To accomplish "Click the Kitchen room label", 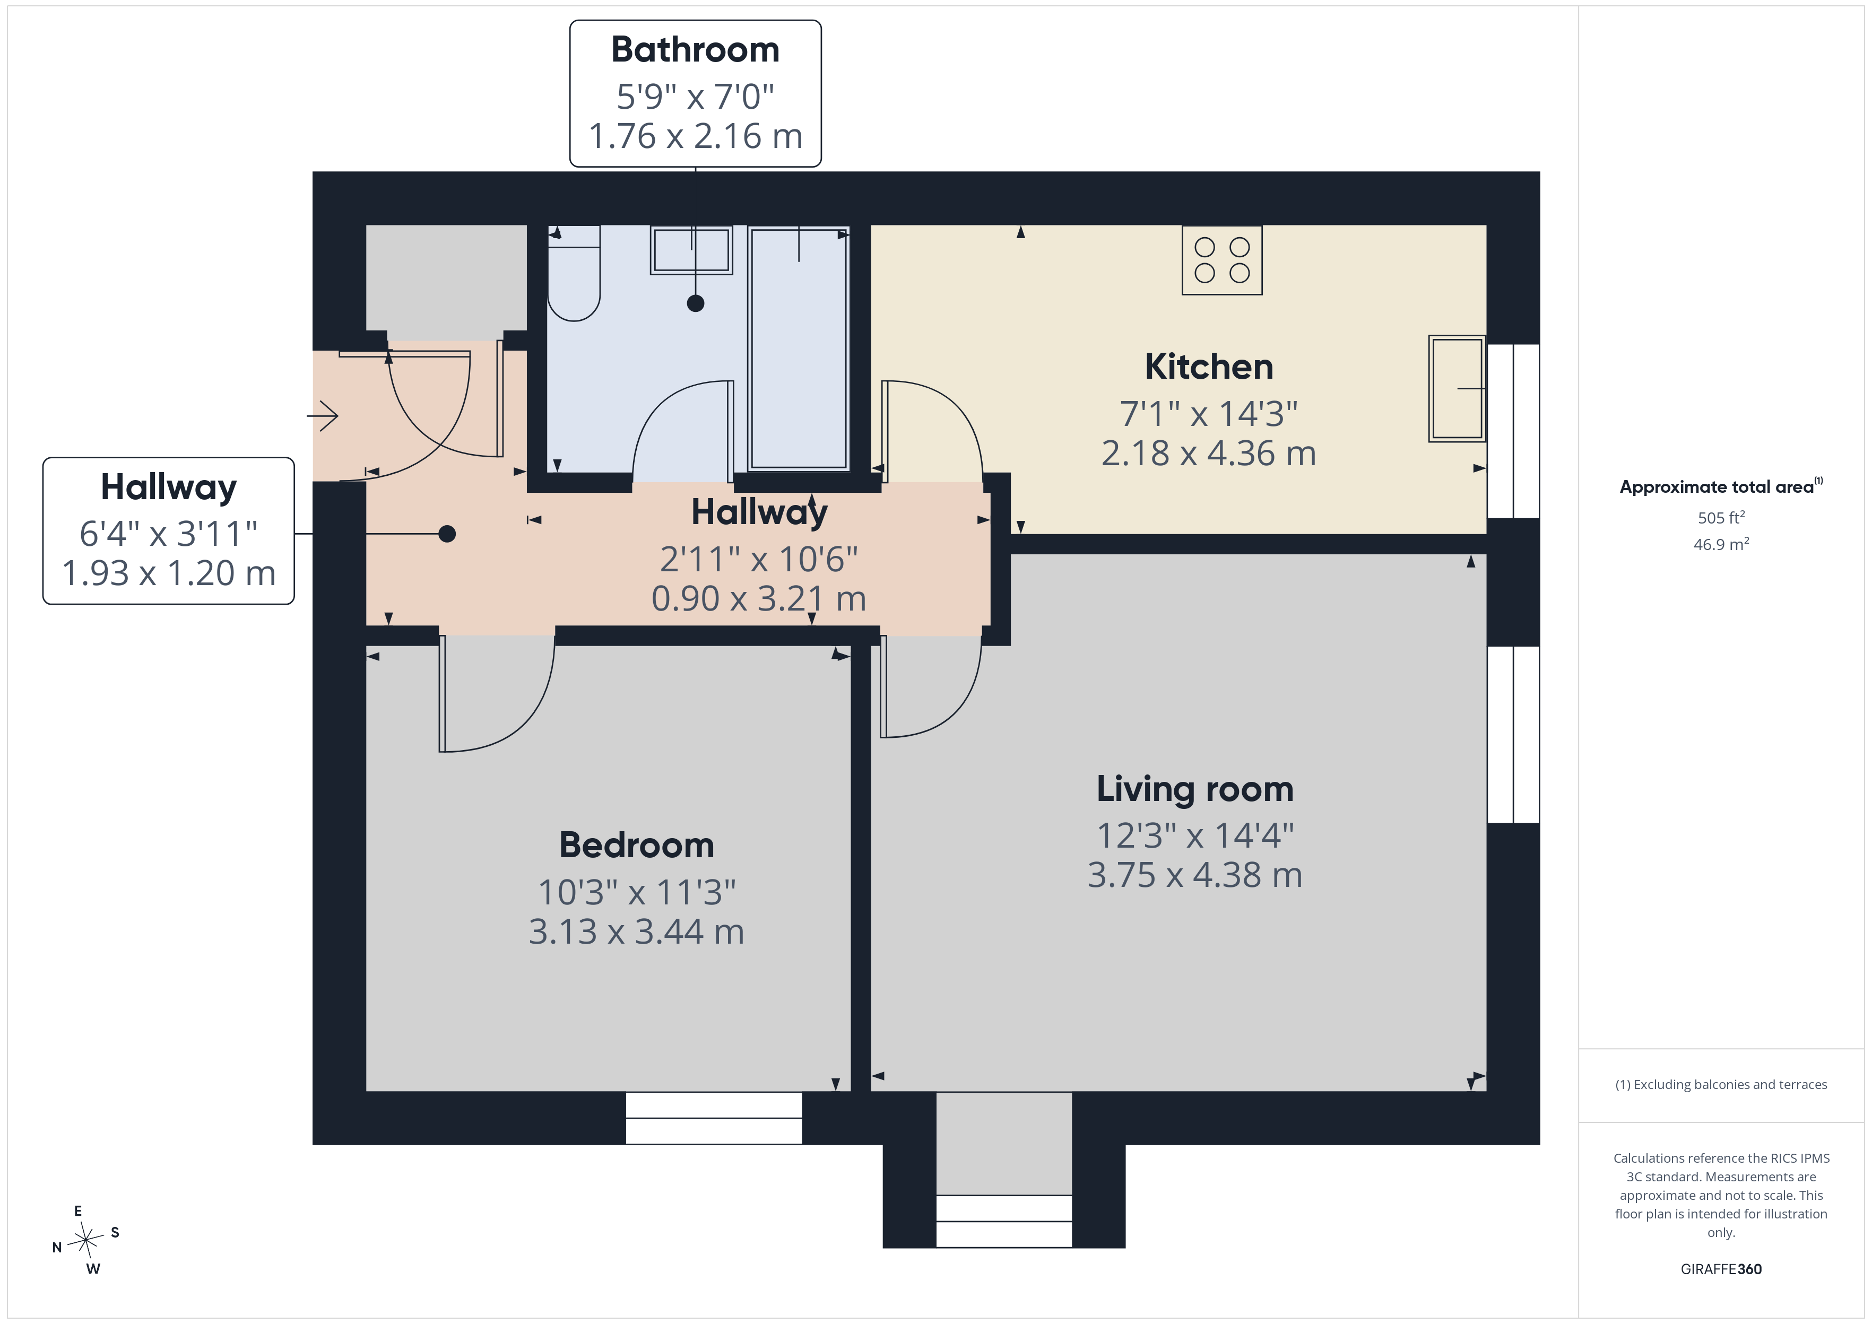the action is [1208, 367].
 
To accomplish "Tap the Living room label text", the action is [1194, 789].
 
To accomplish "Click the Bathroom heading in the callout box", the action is [695, 50].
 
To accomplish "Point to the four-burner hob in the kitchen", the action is [1221, 260].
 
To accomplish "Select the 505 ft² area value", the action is [1720, 518].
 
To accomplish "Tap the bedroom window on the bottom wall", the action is [714, 1118].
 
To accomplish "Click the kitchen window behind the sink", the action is [1513, 431].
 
